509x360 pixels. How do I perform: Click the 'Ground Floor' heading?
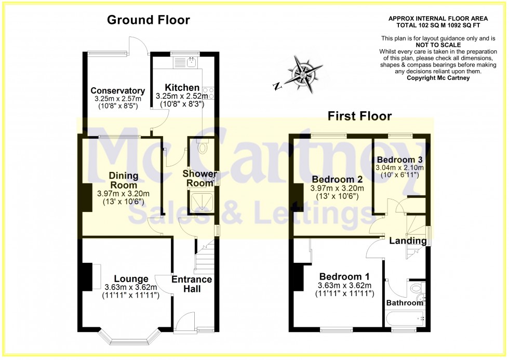[x=148, y=20]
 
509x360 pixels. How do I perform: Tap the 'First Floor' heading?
[x=359, y=115]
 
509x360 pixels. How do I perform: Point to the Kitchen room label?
[x=182, y=87]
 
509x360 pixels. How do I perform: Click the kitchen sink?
[x=190, y=63]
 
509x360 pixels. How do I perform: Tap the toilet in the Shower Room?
[x=203, y=148]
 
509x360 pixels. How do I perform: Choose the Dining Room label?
[x=123, y=180]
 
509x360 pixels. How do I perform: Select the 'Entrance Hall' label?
[x=192, y=284]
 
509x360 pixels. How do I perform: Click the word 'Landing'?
[x=408, y=241]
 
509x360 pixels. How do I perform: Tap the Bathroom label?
[x=405, y=303]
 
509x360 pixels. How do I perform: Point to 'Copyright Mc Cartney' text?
[x=438, y=78]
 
